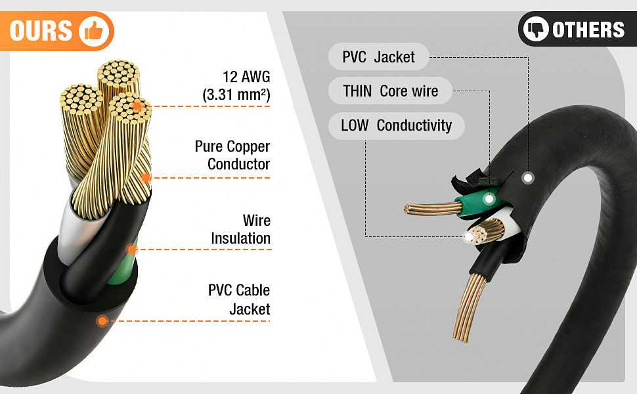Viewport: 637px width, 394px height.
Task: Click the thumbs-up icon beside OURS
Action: coord(94,32)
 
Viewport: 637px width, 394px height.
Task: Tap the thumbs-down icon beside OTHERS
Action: coord(536,29)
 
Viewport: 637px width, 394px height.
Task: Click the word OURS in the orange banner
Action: coord(41,32)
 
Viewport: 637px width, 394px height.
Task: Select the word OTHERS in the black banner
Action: coord(588,30)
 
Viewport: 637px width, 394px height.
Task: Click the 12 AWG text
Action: coord(246,77)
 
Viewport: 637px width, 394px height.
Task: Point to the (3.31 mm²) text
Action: coord(236,95)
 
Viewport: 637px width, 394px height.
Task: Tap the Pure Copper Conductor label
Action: coord(232,155)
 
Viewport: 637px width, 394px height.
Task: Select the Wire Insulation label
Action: coord(240,229)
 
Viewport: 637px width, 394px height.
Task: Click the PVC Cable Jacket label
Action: coord(239,299)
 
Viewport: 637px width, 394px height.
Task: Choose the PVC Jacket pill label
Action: coord(379,57)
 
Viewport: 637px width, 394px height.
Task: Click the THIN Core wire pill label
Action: coord(390,91)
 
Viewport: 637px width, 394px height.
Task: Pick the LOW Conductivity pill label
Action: coord(397,125)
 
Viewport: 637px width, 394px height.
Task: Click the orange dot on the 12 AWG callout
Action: coord(137,106)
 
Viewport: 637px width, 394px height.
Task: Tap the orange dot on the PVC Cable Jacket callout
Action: coord(102,321)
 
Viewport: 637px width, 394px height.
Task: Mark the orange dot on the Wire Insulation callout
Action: coord(131,250)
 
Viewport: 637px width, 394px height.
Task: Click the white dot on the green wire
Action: coord(489,199)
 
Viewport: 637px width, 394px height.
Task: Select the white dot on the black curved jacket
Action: coord(528,178)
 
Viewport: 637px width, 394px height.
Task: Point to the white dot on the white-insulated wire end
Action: coord(470,237)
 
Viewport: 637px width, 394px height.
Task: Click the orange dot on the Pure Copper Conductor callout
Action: coord(145,178)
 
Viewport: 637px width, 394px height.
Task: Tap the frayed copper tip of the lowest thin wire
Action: coord(461,337)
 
